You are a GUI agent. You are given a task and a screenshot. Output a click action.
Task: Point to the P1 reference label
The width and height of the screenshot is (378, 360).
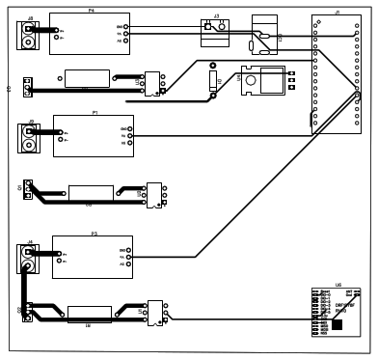[x=94, y=112]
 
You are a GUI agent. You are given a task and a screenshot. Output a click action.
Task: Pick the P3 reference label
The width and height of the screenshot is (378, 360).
[x=94, y=233]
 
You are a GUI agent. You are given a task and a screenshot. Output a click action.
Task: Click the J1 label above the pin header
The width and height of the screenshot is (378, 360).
[x=337, y=11]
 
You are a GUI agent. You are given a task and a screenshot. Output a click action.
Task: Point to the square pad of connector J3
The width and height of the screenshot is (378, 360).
[x=207, y=28]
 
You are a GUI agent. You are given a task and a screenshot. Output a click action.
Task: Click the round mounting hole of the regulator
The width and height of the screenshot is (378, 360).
[x=249, y=84]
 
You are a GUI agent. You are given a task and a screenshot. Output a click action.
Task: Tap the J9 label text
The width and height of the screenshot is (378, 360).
[x=32, y=122]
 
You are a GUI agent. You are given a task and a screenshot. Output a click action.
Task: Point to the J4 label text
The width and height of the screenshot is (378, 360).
[x=31, y=240]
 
